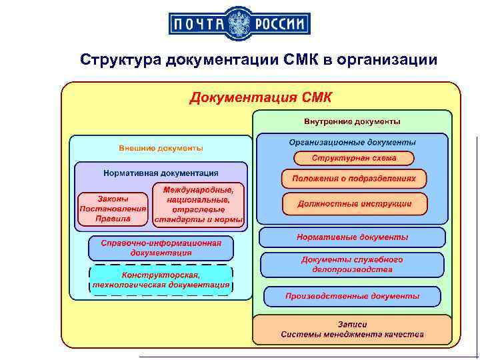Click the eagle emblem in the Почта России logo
tap(240, 25)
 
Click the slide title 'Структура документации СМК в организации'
tap(259, 60)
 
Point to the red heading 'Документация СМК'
tap(261, 98)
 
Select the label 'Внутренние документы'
tap(352, 122)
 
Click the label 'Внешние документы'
tap(161, 147)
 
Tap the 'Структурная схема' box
tap(354, 158)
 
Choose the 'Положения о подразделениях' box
tap(354, 179)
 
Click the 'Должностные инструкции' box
tap(354, 203)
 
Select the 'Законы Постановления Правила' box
tap(113, 208)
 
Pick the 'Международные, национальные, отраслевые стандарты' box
tap(199, 204)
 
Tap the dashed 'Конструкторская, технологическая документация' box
tap(161, 280)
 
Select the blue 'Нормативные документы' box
tap(352, 237)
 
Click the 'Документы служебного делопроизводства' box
tap(352, 265)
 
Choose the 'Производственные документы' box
tap(352, 296)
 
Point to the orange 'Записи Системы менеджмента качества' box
tap(352, 329)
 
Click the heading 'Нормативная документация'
tap(161, 173)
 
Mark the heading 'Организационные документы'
tap(352, 142)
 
